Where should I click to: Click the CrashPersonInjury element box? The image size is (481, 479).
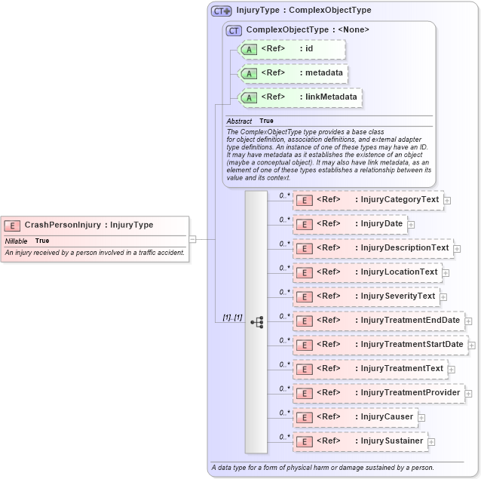[94, 225]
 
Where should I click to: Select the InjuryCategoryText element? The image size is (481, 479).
[368, 200]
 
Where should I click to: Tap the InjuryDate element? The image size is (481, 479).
[350, 224]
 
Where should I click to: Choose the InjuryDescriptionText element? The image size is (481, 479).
[372, 248]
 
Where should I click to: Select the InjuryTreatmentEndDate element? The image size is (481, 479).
[378, 321]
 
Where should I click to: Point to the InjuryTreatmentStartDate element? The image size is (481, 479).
[380, 345]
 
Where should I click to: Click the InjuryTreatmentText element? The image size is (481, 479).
[370, 369]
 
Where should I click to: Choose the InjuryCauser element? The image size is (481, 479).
[355, 417]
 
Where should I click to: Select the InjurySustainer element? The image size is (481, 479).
[360, 441]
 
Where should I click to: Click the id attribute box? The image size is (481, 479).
[291, 50]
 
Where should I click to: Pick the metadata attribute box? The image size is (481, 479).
[292, 74]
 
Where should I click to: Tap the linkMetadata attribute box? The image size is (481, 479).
[299, 97]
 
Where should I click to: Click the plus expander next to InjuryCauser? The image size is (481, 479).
[421, 418]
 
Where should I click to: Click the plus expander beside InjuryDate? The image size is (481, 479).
[411, 225]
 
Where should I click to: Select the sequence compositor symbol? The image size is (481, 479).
[256, 321]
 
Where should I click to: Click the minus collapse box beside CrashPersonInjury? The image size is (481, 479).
[194, 239]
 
